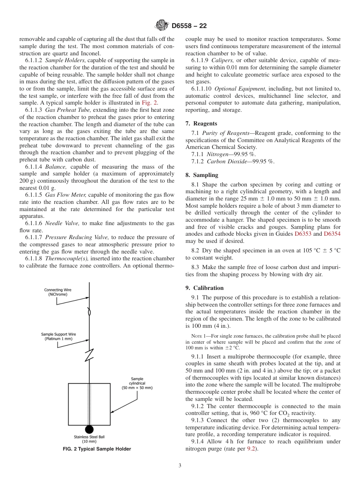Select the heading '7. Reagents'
(x=201, y=124)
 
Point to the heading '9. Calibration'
(x=205, y=288)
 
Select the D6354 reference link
(x=332, y=234)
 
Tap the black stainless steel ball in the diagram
(x=89, y=429)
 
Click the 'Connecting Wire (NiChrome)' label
(x=58, y=292)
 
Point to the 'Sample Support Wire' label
(x=58, y=336)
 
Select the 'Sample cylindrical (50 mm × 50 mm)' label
(x=137, y=383)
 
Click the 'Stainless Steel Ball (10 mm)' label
(x=89, y=439)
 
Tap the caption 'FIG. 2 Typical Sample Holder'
(x=97, y=449)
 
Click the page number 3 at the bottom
(x=180, y=466)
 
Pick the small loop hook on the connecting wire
(x=89, y=313)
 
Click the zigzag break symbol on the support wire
(x=89, y=355)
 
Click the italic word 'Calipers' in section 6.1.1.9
(x=220, y=60)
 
